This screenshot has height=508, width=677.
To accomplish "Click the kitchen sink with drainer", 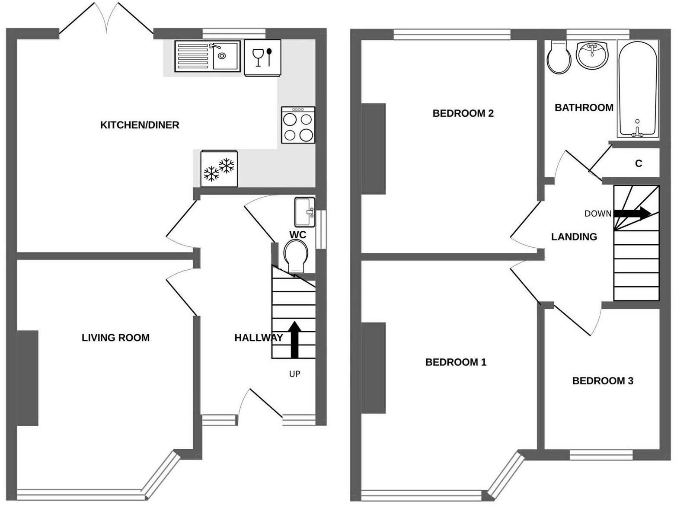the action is tap(207, 56).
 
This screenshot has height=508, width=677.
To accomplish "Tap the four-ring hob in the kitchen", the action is tap(298, 125).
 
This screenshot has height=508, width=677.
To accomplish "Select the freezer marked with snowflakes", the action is tap(219, 169).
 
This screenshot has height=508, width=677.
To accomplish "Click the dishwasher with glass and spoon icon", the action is tap(262, 58).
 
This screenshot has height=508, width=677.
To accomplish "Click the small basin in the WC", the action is tap(305, 212).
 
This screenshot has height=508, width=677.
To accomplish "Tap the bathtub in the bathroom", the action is tap(638, 90).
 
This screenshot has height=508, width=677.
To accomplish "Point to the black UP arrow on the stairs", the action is tap(294, 339).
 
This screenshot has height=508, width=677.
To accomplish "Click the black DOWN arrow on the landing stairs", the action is tap(632, 213).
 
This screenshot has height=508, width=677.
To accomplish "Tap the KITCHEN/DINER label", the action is tap(140, 125).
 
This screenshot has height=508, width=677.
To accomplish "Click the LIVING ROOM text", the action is tap(115, 338).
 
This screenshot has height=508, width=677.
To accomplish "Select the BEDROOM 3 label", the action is tap(603, 381).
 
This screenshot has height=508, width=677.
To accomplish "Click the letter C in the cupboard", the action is tap(639, 163).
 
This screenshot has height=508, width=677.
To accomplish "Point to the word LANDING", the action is tap(574, 237).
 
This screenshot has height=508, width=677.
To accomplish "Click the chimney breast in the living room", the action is tap(28, 378).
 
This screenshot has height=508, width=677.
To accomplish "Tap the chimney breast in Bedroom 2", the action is tap(373, 149).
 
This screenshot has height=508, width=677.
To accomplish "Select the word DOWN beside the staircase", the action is tap(598, 214).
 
